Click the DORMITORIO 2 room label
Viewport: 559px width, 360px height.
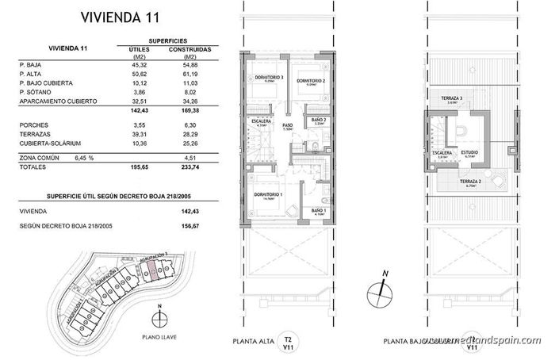(x=310, y=80)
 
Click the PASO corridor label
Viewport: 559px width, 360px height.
(x=288, y=124)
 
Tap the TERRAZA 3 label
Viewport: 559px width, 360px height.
(x=450, y=98)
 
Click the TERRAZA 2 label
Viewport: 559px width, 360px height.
(x=473, y=182)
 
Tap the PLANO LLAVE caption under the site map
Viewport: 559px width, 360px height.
(x=161, y=335)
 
